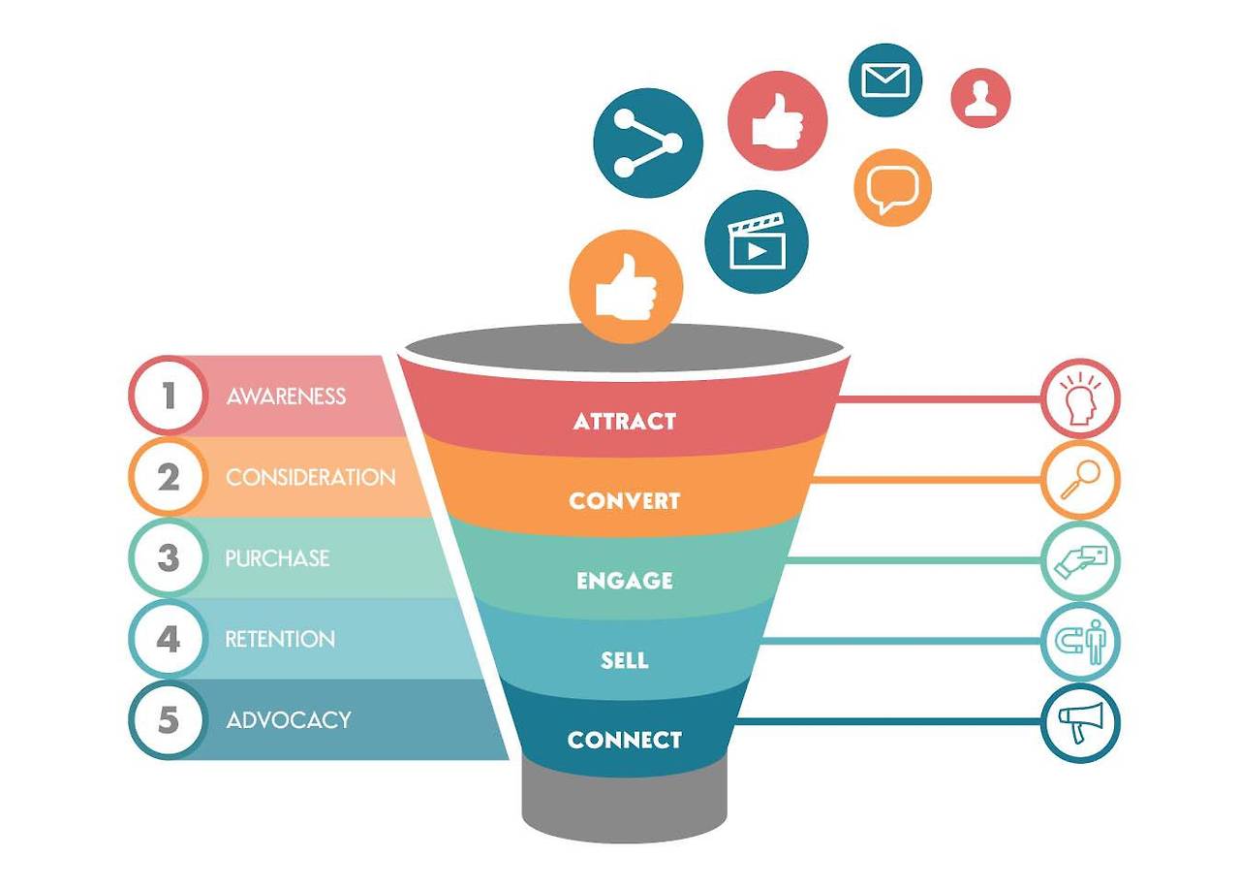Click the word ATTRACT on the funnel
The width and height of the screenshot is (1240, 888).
tap(624, 422)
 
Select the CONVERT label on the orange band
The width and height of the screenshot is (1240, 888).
tap(624, 501)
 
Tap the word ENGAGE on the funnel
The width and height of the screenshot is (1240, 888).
tap(624, 581)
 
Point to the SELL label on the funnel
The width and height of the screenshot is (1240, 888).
tap(624, 661)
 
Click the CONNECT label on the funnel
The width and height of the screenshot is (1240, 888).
tap(624, 740)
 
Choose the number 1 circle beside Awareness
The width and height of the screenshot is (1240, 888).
tap(169, 396)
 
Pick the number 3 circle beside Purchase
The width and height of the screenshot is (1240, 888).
tap(169, 558)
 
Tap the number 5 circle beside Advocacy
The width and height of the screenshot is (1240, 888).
tap(169, 720)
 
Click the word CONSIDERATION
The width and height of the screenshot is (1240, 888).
tap(310, 477)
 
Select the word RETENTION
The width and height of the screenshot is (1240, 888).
tap(280, 639)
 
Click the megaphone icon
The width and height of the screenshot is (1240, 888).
tap(1080, 723)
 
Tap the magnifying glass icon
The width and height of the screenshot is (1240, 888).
tap(1080, 479)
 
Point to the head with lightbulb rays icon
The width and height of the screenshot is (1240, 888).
tap(1080, 398)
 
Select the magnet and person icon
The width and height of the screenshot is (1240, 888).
tap(1080, 641)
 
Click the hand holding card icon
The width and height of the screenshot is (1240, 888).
tap(1080, 560)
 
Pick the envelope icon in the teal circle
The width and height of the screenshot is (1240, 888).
tap(884, 79)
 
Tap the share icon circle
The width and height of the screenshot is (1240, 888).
tap(647, 143)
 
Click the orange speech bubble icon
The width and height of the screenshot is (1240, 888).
tap(892, 187)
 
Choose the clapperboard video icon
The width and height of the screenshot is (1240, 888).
tap(757, 241)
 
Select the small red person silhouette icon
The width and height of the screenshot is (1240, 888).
tap(980, 98)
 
